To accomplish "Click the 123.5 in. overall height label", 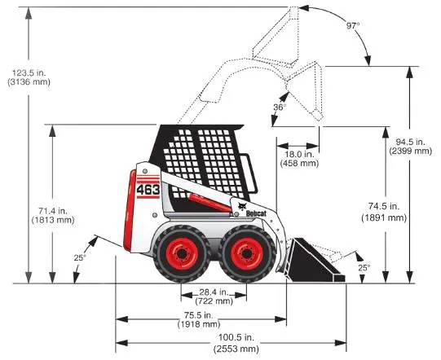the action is point(29,77).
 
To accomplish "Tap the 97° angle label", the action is point(353,26).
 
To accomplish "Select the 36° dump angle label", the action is point(280,107).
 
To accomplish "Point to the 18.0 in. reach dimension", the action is point(299,159).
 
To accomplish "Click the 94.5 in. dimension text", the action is point(410,146).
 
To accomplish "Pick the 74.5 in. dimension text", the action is point(384,212).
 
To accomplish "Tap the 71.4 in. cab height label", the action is point(53,215).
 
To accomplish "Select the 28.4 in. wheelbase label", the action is point(214,296).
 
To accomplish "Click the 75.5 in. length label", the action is point(199,319).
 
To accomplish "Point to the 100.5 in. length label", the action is point(236,343).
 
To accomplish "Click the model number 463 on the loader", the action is point(148,190).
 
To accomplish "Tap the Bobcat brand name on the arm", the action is point(256,213).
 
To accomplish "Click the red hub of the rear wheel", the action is point(182,254).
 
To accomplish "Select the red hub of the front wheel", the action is point(247,254).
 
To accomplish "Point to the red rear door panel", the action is point(129,210).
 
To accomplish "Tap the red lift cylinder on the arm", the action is point(209,202).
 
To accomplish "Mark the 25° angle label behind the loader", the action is point(80,257).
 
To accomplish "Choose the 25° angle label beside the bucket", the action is point(364,267).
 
